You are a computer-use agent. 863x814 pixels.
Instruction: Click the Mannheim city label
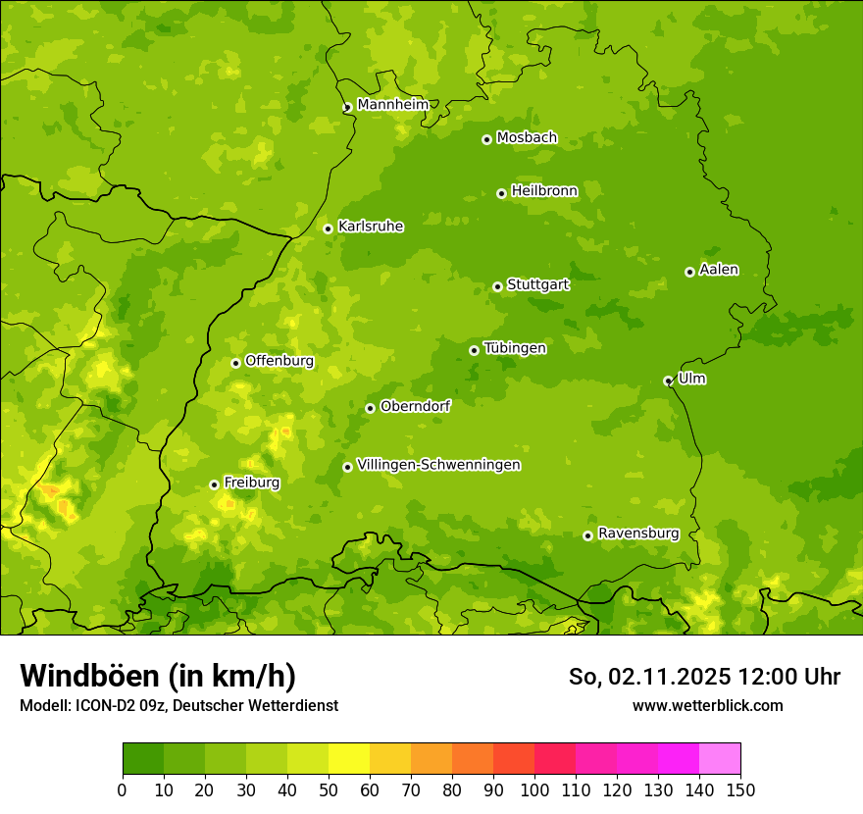pos(392,105)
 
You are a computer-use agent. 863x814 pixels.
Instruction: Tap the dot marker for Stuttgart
pos(497,286)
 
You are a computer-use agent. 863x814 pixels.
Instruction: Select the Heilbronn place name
pos(544,191)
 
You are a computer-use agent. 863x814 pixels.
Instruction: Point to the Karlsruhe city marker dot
pos(328,229)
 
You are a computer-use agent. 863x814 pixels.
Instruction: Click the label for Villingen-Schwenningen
pos(438,465)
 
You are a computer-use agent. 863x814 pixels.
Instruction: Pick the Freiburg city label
pos(251,483)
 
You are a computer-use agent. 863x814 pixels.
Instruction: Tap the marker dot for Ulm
pos(668,381)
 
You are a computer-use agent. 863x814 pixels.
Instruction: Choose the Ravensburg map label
pos(637,534)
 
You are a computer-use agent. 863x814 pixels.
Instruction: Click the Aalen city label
pos(719,270)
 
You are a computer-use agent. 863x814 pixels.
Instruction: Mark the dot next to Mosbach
pos(486,139)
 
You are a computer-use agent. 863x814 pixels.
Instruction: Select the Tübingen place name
pos(515,348)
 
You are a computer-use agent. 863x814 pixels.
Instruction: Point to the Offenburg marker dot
pos(235,363)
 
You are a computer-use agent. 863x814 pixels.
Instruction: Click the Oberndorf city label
pos(415,406)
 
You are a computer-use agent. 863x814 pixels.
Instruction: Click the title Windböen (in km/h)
pos(158,676)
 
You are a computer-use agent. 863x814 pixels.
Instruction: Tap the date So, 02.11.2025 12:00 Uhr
pos(704,677)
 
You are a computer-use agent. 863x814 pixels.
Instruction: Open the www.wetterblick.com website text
pos(707,705)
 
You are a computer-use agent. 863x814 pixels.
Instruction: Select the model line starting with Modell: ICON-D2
pos(178,705)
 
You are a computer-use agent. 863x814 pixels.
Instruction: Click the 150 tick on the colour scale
pos(740,789)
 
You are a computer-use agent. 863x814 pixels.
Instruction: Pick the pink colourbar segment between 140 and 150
pos(720,759)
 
